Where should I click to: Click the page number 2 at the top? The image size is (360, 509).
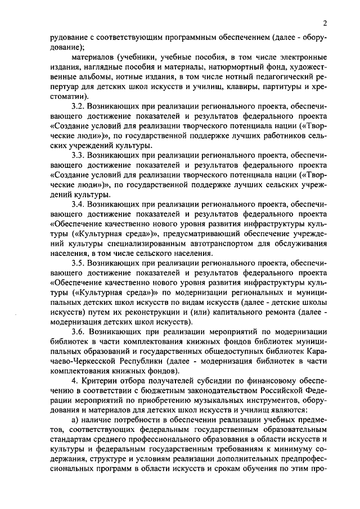(x=325, y=22)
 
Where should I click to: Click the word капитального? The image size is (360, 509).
(x=239, y=312)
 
